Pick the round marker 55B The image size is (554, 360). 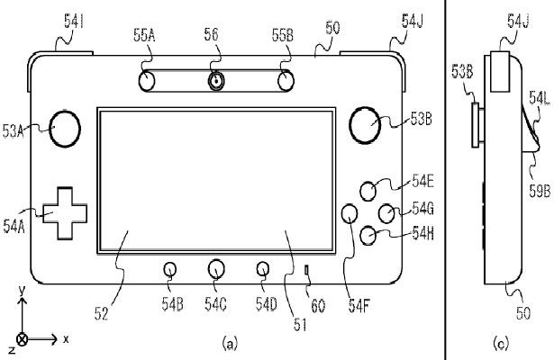285,81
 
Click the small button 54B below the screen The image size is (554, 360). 171,268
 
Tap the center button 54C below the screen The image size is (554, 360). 216,268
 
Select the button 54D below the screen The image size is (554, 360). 262,268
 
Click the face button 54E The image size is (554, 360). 369,191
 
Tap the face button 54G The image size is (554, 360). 387,213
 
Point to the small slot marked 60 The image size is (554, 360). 306,269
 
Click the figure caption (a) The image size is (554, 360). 231,342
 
